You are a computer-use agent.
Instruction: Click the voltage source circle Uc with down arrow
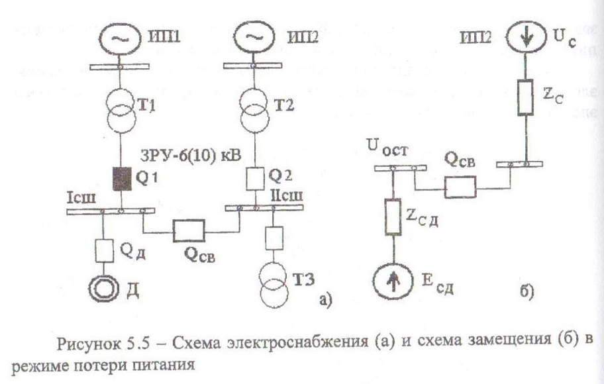tap(524, 37)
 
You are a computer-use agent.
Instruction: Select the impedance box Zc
tap(524, 97)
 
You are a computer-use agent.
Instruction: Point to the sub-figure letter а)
tap(324, 301)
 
